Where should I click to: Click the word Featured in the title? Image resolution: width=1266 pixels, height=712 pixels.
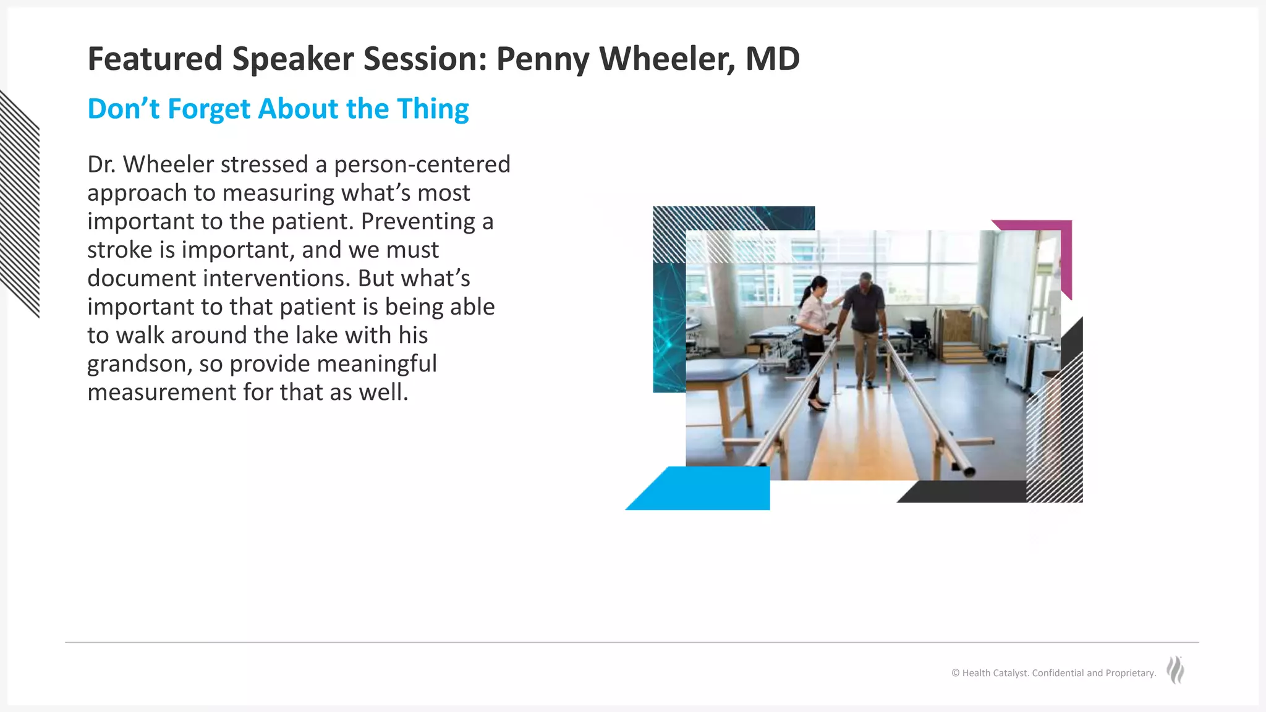(x=155, y=59)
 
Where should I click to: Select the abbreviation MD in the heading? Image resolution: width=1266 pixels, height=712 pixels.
(x=772, y=59)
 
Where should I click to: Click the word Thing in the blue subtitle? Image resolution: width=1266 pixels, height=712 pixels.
(x=433, y=109)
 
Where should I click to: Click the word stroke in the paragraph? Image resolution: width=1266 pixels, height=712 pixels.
(x=119, y=250)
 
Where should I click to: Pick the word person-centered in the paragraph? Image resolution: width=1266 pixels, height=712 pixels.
(x=422, y=164)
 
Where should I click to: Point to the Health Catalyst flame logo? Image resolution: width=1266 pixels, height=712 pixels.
(x=1175, y=670)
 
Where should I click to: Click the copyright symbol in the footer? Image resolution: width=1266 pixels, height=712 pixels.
(x=956, y=673)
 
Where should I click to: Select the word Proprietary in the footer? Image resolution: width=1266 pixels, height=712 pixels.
(x=1130, y=673)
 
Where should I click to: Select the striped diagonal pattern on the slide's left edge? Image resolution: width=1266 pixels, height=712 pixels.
(x=20, y=204)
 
